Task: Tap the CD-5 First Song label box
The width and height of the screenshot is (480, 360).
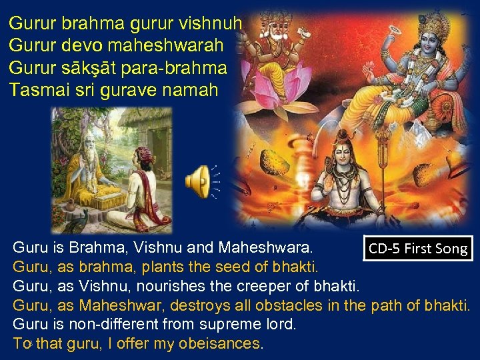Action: click(418, 249)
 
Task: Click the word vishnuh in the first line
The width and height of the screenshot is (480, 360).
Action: click(215, 24)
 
